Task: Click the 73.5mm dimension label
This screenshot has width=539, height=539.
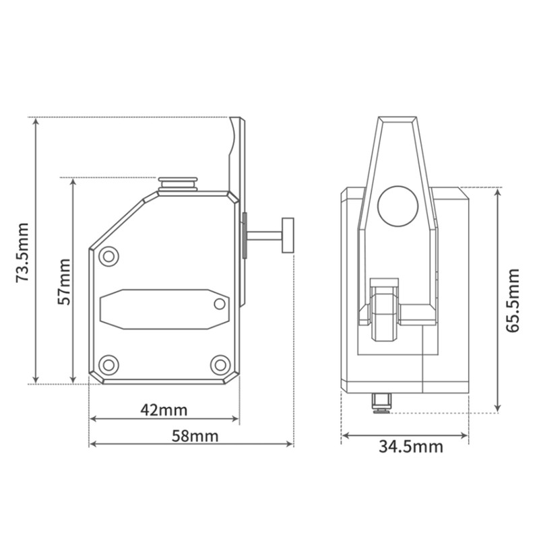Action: tap(22, 251)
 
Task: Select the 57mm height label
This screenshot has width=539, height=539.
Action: tap(63, 281)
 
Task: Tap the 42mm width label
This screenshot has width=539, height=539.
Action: tap(164, 408)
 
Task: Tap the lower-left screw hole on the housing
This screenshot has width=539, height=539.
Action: tap(108, 364)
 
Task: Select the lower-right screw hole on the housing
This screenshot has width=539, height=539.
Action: tap(220, 364)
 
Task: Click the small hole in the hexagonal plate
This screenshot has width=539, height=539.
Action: tap(218, 305)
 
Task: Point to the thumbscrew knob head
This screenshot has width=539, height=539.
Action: tap(289, 235)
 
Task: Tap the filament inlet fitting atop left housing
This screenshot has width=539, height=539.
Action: tap(178, 184)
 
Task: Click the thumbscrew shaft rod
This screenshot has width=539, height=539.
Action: tap(265, 236)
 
